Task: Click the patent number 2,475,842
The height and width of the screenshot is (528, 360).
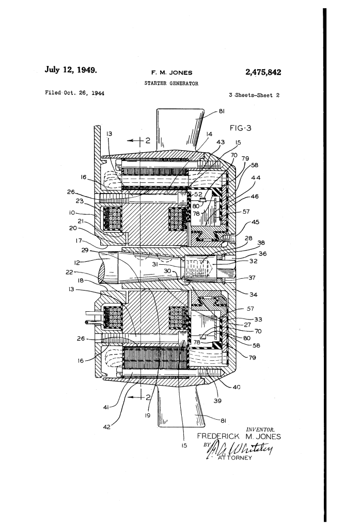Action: [263, 72]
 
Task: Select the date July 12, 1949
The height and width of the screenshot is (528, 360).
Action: [71, 70]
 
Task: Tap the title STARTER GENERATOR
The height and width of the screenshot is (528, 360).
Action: [171, 83]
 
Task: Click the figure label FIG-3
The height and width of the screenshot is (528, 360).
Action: [241, 128]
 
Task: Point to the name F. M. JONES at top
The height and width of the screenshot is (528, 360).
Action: [171, 72]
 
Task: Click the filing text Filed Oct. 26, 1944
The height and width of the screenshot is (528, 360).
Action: [74, 93]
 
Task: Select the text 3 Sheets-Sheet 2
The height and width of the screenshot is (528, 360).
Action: [254, 95]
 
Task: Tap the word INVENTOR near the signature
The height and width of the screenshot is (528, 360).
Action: [260, 429]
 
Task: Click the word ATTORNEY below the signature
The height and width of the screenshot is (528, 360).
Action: [235, 458]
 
